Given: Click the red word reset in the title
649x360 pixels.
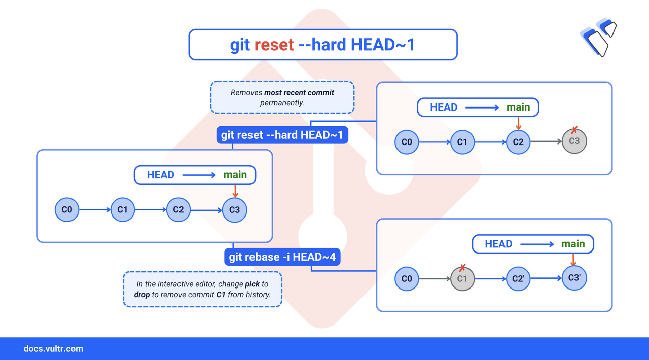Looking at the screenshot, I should pos(274,45).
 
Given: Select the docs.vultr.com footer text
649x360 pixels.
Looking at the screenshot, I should pos(53,349).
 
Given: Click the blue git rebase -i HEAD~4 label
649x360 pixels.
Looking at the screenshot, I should pos(282,257).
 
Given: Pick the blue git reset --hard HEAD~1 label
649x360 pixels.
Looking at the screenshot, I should pos(282,135).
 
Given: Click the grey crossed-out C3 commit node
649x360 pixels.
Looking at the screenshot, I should pos(574,141).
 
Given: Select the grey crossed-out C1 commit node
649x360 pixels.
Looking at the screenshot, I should pos(462,278).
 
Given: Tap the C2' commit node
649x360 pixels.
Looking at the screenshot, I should pos(518,278).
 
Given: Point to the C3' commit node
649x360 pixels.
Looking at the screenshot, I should pos(574,278).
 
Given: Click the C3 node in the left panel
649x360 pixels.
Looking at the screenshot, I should pos(234,210).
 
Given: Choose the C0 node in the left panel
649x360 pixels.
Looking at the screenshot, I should pos(67,210).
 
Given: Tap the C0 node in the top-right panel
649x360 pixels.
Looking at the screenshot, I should pos(407,142).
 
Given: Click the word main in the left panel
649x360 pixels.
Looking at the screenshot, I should pos(235,175).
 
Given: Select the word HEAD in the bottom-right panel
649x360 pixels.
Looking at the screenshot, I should pos(498,244).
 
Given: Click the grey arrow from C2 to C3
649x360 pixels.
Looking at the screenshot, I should pos(546,142).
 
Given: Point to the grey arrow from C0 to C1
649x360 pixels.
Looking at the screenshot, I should pos(435,278).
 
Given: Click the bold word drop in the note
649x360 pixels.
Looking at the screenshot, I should pos(142,295).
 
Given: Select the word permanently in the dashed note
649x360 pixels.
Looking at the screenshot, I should pos(282,103).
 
